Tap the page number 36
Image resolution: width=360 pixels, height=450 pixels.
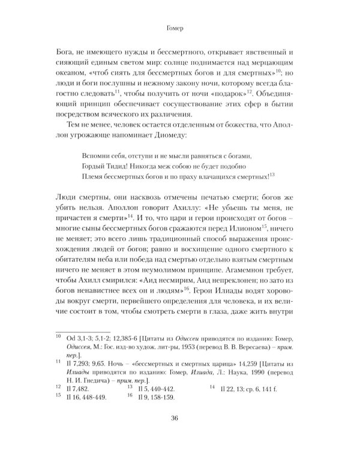180,419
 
